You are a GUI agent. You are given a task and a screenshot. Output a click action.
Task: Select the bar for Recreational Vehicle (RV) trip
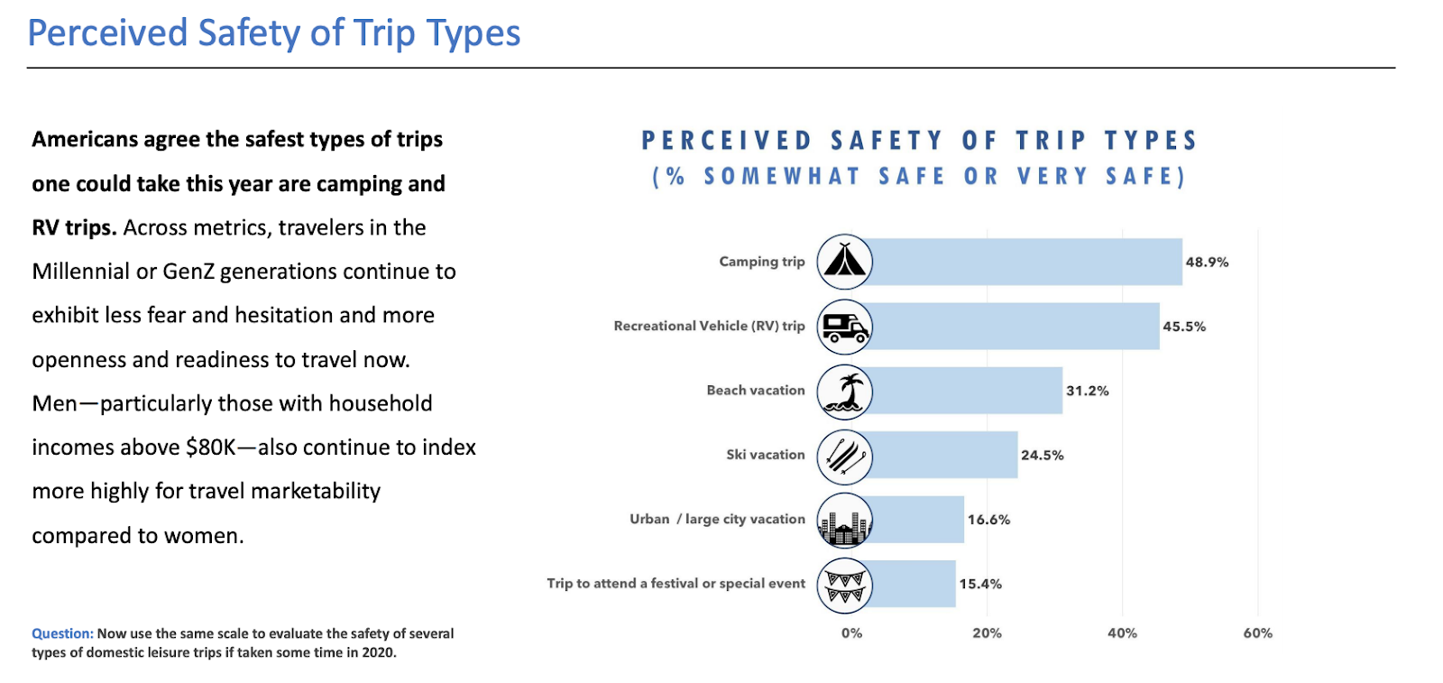[1015, 326]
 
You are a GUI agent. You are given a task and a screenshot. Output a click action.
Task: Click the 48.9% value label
[1207, 263]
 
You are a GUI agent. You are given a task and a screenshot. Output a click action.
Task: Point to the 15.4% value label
[980, 584]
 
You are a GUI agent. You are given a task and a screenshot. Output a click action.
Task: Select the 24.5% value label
[1042, 456]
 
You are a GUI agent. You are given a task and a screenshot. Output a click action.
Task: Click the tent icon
[844, 262]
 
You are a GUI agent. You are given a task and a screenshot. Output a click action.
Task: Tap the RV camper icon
[844, 327]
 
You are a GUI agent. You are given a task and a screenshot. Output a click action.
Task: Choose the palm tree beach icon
[844, 392]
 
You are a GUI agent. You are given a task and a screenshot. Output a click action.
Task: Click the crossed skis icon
[844, 456]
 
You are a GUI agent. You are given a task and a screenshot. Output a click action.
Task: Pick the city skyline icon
[844, 521]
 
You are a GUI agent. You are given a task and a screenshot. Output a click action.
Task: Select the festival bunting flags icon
[844, 585]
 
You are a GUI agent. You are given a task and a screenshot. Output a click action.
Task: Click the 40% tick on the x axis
[1122, 633]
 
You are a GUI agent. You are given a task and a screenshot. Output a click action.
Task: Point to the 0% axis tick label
[851, 633]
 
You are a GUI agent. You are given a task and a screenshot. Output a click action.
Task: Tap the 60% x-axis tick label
[1257, 633]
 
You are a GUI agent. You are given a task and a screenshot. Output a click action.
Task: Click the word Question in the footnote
[62, 633]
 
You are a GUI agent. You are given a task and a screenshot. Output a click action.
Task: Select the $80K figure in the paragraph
[210, 448]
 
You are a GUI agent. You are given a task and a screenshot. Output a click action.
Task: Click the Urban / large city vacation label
[717, 520]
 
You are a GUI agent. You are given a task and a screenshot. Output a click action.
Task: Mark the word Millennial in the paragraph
[80, 272]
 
